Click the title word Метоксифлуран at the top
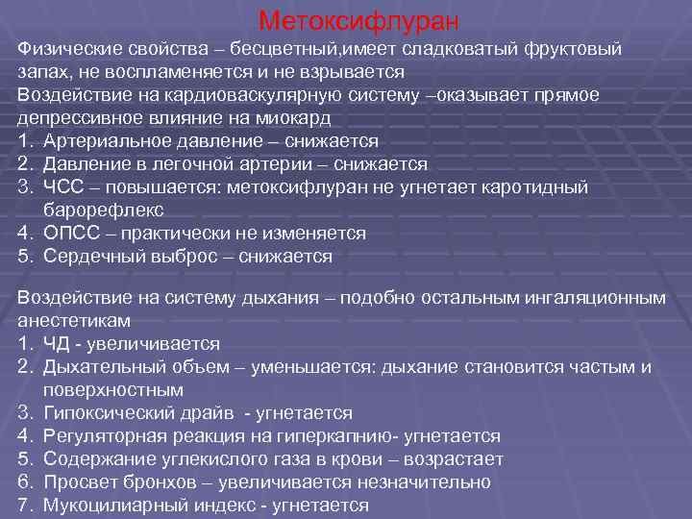[x=359, y=20]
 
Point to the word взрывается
[x=357, y=72]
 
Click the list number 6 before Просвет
[x=24, y=482]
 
